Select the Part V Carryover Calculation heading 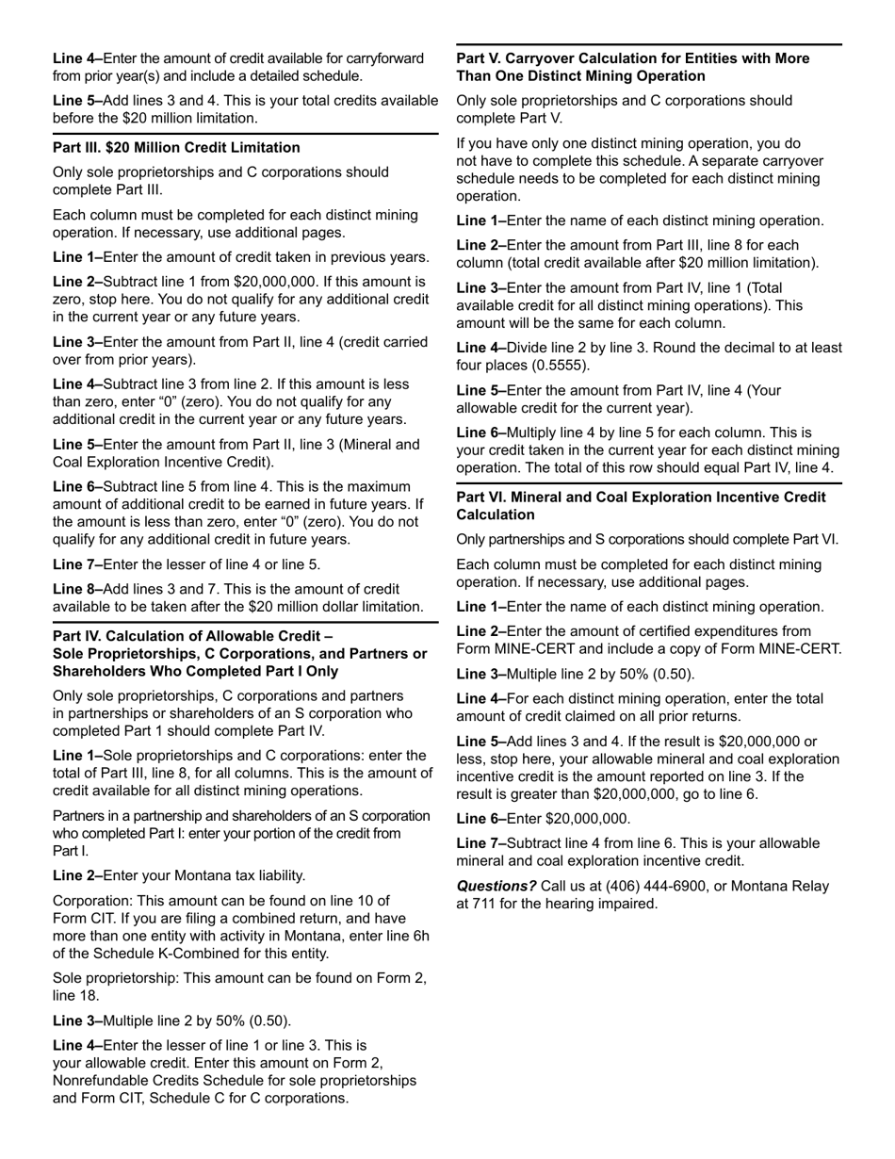632,67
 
